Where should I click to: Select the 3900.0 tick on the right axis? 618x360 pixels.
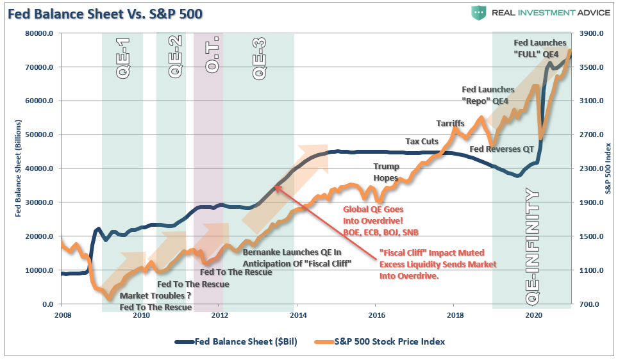590,33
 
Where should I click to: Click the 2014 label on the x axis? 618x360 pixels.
298,315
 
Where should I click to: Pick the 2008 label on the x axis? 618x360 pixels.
62,315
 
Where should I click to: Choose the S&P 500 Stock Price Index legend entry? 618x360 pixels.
389,341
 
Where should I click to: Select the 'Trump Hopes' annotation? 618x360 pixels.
386,172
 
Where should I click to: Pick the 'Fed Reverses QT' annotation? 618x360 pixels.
501,149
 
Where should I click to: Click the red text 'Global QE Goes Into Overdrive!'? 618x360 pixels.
374,215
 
